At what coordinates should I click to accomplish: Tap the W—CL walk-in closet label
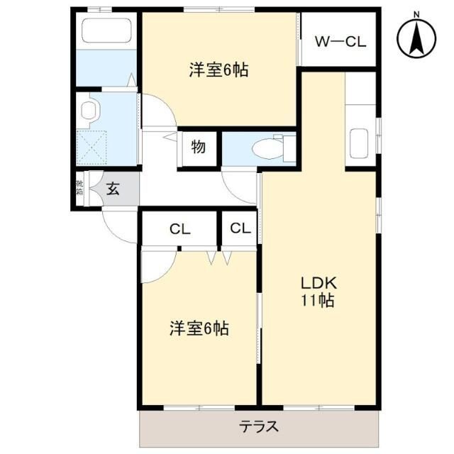[x=340, y=42]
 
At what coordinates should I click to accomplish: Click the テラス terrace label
[x=258, y=427]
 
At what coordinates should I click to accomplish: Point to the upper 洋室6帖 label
[x=218, y=70]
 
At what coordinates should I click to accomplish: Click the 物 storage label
[x=198, y=148]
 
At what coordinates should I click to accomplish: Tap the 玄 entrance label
[x=113, y=189]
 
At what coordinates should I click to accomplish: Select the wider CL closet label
[x=179, y=229]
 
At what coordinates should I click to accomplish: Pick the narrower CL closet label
[x=240, y=228]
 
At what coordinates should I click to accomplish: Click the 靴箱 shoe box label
[x=79, y=189]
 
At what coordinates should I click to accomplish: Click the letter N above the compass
[x=417, y=14]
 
